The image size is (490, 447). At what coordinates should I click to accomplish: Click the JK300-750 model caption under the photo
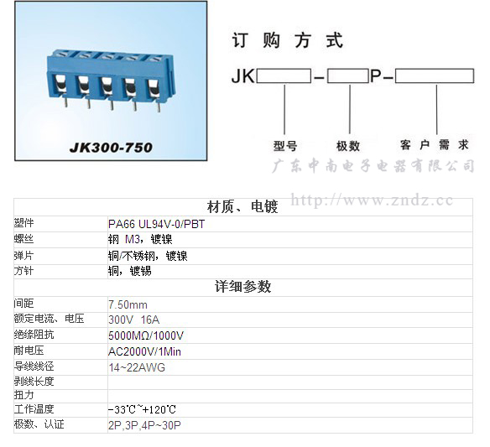click(111, 147)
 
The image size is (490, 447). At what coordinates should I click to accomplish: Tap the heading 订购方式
click(288, 40)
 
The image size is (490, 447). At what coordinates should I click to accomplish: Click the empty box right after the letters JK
click(284, 76)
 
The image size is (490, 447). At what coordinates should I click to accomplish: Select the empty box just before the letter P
click(348, 76)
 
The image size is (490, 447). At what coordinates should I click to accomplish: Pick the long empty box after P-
click(435, 76)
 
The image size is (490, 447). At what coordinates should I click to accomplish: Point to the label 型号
click(285, 146)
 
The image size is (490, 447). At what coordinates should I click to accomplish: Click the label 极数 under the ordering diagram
click(348, 146)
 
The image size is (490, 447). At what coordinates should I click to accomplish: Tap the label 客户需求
click(435, 145)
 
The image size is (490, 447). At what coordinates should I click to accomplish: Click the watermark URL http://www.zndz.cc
click(372, 200)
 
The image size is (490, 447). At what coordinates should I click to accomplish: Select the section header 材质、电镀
click(242, 207)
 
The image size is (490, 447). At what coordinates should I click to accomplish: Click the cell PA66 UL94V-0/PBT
click(157, 224)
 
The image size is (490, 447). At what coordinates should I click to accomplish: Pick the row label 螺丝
click(23, 239)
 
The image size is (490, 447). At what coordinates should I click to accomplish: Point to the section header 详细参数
click(242, 287)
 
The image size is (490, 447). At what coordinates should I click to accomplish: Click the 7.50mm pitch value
click(128, 304)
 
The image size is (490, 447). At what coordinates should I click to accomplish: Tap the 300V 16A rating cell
click(134, 320)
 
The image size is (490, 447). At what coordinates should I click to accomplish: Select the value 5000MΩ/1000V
click(146, 335)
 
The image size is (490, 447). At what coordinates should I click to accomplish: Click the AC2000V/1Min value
click(144, 351)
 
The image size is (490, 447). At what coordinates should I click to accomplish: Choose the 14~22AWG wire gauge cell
click(137, 367)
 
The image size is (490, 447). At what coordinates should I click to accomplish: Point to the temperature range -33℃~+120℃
click(142, 409)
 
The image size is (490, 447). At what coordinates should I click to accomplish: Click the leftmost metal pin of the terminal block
click(66, 101)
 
